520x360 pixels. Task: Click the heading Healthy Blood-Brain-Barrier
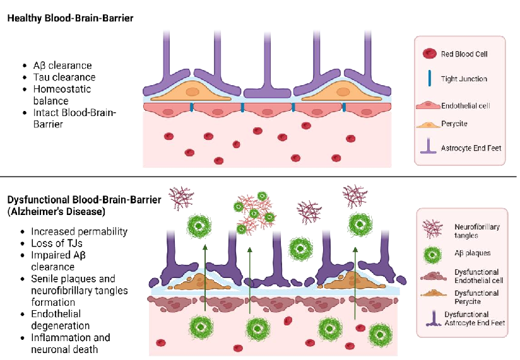(70, 19)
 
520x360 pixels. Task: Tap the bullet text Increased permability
(79, 231)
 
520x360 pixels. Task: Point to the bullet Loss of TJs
(57, 243)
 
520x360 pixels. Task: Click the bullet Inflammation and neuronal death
(70, 343)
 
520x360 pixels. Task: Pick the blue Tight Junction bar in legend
(428, 78)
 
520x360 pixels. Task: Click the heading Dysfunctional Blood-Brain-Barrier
(84, 200)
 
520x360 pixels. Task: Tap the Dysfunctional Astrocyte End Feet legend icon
(432, 318)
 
